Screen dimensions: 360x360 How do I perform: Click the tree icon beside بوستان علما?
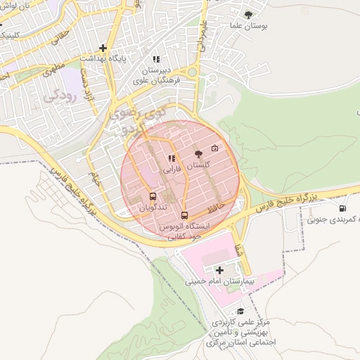pyautogui.click(x=248, y=14)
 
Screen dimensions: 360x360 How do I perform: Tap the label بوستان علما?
pyautogui.click(x=245, y=26)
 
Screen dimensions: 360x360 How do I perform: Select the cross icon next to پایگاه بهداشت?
pyautogui.click(x=103, y=48)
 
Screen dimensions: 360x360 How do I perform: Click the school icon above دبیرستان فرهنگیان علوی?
pyautogui.click(x=156, y=59)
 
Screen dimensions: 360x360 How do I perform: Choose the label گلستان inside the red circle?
pyautogui.click(x=200, y=165)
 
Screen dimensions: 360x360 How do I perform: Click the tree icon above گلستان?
pyautogui.click(x=198, y=152)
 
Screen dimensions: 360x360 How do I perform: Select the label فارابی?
pyautogui.click(x=172, y=169)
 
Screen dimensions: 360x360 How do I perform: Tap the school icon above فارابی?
pyautogui.click(x=172, y=159)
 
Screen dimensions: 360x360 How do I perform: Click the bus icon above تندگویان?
pyautogui.click(x=153, y=197)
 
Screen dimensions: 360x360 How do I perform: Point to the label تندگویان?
pyautogui.click(x=152, y=208)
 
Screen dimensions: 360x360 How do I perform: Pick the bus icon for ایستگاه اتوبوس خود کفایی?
pyautogui.click(x=184, y=215)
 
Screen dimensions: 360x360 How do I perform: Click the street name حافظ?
pyautogui.click(x=217, y=209)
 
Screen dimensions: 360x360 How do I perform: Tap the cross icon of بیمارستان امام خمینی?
pyautogui.click(x=220, y=270)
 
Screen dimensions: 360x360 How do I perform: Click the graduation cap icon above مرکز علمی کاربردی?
pyautogui.click(x=240, y=311)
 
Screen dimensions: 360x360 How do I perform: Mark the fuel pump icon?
pyautogui.click(x=342, y=207)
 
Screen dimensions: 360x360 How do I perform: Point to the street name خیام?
pyautogui.click(x=95, y=179)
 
